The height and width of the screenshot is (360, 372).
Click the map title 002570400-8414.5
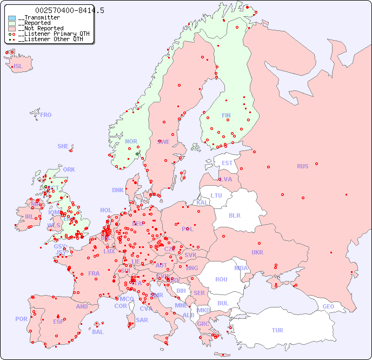[x=70, y=11]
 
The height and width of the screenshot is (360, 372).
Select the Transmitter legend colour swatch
[x=12, y=18]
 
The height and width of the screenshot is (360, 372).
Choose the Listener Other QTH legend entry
[x=51, y=39]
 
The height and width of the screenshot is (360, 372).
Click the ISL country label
[x=18, y=67]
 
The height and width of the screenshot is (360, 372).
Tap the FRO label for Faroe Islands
[x=46, y=115]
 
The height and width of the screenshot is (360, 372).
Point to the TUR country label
[x=277, y=330]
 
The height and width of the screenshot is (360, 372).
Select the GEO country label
[x=328, y=306]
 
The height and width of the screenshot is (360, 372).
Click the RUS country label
[x=302, y=166]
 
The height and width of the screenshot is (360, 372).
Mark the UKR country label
[x=257, y=252]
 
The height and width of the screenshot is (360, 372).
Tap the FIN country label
[x=226, y=115]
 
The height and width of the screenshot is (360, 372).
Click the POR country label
[x=21, y=319]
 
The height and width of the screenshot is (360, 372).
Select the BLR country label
[x=234, y=215]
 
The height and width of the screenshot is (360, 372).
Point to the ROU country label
[x=221, y=279]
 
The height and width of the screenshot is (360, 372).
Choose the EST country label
[x=227, y=163]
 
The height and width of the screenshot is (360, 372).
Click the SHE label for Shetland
[x=63, y=146]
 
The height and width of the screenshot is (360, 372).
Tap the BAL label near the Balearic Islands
[x=97, y=332]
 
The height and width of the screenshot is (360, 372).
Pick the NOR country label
[x=131, y=141]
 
